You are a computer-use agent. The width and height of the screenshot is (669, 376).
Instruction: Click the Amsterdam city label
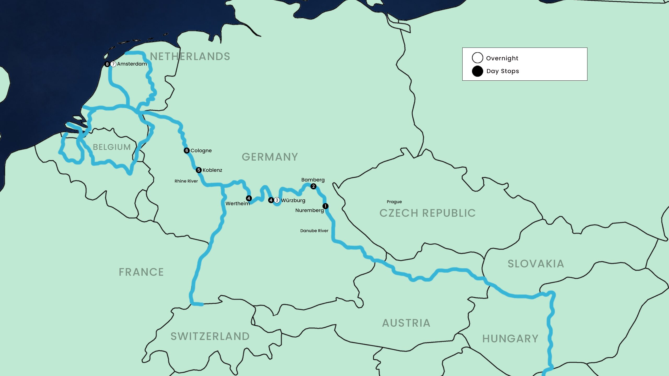click(132, 64)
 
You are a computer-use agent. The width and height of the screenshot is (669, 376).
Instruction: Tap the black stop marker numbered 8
click(107, 64)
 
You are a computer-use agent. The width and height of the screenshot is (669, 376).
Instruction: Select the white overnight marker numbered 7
click(113, 64)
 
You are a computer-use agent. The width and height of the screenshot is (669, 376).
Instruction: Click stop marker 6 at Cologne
click(187, 150)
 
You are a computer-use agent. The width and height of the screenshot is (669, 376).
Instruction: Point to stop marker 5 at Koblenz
click(199, 170)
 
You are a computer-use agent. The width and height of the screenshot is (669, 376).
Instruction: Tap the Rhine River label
click(186, 181)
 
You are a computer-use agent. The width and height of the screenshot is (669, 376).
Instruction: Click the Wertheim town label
click(238, 203)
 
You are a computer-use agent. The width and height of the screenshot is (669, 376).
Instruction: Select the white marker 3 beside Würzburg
click(277, 200)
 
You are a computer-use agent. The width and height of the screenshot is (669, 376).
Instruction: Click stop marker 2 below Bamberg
click(313, 186)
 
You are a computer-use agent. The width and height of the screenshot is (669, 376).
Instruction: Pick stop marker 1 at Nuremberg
click(325, 206)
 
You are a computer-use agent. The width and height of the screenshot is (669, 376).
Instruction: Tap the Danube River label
click(314, 231)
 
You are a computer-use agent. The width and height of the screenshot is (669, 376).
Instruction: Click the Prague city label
click(394, 202)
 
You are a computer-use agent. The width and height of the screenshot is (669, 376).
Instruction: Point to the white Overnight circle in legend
click(477, 58)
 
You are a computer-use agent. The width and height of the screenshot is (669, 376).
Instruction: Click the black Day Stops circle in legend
click(477, 71)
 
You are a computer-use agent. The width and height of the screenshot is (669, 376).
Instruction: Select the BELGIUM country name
click(112, 147)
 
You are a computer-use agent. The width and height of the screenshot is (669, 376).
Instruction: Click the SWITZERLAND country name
click(210, 336)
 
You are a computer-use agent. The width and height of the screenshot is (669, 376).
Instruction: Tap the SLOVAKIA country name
click(536, 264)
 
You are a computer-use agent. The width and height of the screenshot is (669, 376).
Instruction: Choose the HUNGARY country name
click(510, 339)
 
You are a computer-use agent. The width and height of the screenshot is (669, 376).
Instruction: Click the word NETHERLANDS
click(190, 56)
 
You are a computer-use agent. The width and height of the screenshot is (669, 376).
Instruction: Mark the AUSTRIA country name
click(406, 323)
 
